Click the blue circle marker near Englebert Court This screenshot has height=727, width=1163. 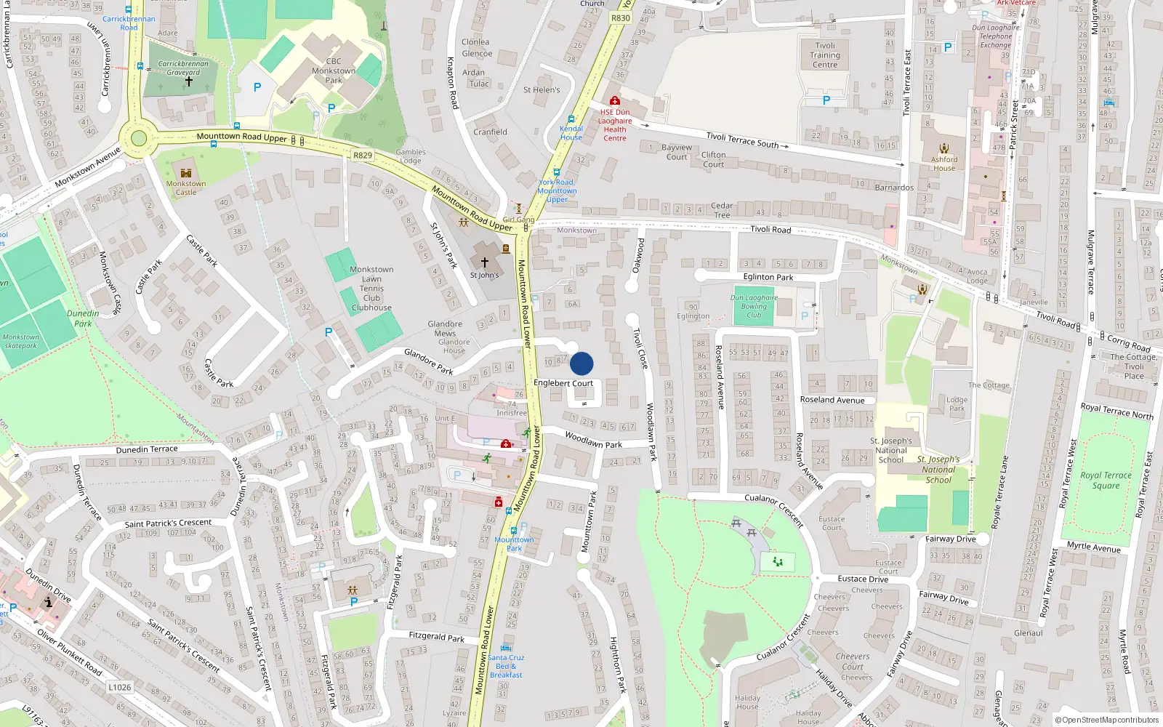581,363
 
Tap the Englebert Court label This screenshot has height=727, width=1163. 563,383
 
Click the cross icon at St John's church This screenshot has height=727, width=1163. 485,262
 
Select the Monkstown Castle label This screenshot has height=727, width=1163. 186,188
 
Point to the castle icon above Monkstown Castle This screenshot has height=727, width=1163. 186,173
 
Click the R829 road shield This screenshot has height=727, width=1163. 363,156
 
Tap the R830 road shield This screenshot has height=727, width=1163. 621,18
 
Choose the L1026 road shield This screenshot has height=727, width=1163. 120,687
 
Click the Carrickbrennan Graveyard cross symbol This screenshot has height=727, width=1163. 189,81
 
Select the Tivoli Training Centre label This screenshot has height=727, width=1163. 825,55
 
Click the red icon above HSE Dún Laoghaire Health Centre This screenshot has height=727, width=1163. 615,100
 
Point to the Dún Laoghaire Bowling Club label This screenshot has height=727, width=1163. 754,306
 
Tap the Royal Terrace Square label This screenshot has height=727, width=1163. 1106,480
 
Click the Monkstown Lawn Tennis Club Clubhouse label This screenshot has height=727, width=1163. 371,289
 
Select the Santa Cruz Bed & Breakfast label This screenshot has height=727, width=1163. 507,666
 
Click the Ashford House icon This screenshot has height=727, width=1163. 944,149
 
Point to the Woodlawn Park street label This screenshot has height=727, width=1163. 594,440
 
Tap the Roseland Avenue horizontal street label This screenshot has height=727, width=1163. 832,400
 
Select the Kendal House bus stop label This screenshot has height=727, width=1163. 571,133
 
